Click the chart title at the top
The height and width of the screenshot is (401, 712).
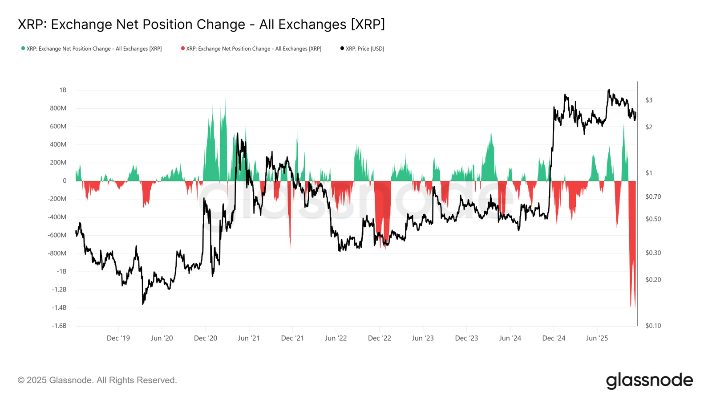pos(201,25)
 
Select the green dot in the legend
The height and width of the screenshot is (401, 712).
pos(23,49)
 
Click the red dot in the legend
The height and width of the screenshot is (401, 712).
pos(183,49)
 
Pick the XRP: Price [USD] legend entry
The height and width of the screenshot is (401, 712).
pos(362,49)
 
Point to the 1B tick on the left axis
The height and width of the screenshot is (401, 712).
pos(63,90)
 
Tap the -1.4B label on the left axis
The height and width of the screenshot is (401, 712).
pos(59,307)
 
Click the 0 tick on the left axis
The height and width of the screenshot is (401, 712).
pos(65,181)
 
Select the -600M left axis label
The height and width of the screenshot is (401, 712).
pos(57,235)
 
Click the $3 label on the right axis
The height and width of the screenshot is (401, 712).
pos(649,100)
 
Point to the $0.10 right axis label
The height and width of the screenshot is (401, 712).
pos(653,326)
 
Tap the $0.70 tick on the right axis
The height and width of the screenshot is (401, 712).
pos(653,196)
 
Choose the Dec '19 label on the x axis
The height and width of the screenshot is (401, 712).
pos(118,338)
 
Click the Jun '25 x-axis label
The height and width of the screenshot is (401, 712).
pos(597,338)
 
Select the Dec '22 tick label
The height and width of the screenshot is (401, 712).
pos(380,338)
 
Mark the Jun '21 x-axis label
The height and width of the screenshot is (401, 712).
pos(249,338)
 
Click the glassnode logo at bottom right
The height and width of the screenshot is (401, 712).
pos(649,381)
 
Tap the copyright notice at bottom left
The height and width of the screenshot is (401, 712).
pos(97,380)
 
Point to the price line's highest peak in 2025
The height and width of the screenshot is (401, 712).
pos(609,90)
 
